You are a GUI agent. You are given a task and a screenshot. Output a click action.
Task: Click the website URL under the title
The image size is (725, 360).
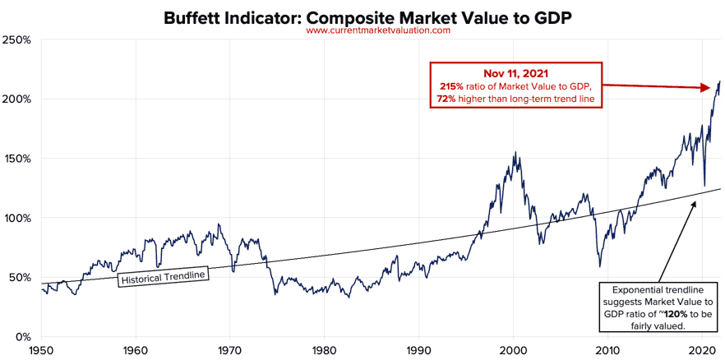click(378, 30)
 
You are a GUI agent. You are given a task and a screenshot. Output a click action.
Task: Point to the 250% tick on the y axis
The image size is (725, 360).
click(18, 39)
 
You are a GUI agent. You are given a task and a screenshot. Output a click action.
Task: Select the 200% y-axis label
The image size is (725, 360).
click(18, 99)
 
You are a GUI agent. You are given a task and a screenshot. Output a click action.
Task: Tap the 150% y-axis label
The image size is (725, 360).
click(18, 159)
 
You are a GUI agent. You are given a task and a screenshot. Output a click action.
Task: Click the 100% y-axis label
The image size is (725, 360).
click(18, 218)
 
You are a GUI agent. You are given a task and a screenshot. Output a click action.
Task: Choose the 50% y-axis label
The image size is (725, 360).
click(21, 277)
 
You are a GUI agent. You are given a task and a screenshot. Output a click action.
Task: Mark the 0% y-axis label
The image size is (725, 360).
click(23, 336)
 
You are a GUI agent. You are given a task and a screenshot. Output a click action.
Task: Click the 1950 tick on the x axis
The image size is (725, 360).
click(40, 348)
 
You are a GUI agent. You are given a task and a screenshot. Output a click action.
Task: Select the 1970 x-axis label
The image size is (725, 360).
click(229, 348)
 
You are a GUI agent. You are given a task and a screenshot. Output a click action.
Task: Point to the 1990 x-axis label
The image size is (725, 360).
click(419, 348)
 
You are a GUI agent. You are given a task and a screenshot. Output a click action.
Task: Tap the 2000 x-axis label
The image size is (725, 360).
click(514, 348)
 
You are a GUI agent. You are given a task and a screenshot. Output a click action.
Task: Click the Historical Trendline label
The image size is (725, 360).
click(164, 278)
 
